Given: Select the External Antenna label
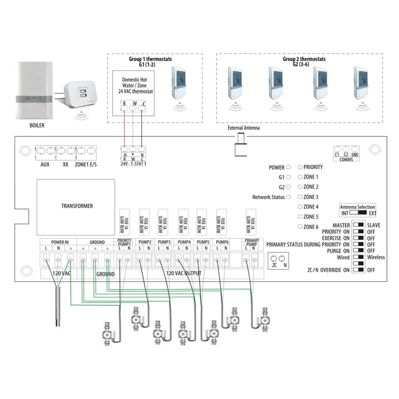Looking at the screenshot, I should click(x=243, y=128).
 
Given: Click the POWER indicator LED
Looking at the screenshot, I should click(x=288, y=167).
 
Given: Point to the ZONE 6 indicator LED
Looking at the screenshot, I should click(x=300, y=227).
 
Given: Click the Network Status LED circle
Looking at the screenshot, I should click(x=288, y=197).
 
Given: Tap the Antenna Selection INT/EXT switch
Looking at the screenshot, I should click(x=358, y=213).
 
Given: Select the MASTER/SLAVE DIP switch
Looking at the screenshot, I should click(x=358, y=225).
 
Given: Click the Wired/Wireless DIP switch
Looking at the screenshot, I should click(x=358, y=257).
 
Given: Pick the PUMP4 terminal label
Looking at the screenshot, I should click(x=184, y=242).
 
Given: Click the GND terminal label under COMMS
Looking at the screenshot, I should click(x=355, y=155).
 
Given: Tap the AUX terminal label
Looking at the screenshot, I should click(x=45, y=164).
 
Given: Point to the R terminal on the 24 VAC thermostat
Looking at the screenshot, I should click(x=124, y=104).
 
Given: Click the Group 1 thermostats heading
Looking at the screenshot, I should click(x=150, y=59).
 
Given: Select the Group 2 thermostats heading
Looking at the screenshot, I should click(x=304, y=59).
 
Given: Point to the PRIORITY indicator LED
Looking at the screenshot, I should click(x=300, y=167).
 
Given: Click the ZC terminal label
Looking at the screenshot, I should click(x=274, y=265).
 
